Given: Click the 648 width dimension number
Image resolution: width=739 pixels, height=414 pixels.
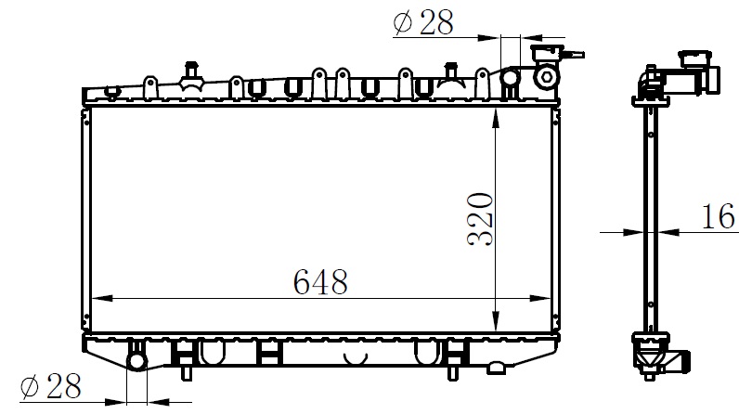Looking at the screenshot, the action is click(x=320, y=282).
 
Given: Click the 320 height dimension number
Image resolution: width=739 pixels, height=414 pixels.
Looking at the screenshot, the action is click(x=480, y=219).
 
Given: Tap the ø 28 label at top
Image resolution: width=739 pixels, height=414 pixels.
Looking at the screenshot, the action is click(x=423, y=22).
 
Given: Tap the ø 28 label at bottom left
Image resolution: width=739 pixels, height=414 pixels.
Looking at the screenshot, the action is click(x=50, y=386).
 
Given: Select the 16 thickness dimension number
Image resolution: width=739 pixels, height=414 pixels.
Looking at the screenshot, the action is click(x=719, y=216).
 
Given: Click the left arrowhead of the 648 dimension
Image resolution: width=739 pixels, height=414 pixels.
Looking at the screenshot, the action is click(x=102, y=298).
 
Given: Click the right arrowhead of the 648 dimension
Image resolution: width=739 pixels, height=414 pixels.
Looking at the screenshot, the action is click(x=540, y=298).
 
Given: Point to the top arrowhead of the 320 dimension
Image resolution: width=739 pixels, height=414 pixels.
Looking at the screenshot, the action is click(x=496, y=118).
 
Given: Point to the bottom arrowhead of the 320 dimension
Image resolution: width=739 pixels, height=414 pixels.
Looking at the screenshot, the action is click(x=496, y=320).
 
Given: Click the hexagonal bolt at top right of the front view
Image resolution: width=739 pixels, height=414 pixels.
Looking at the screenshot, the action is click(x=546, y=76).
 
